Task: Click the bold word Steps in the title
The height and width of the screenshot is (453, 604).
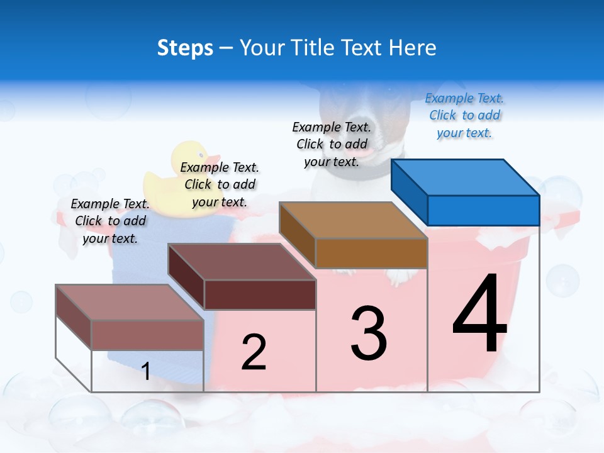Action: click(185, 48)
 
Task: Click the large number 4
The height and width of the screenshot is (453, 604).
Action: click(479, 314)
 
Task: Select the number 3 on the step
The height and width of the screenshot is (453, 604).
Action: click(369, 333)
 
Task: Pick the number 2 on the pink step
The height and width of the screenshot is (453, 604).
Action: click(254, 352)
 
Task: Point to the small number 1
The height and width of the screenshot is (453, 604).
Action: click(145, 371)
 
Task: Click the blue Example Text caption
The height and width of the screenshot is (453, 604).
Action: click(464, 115)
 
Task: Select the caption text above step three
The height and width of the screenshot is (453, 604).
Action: click(332, 144)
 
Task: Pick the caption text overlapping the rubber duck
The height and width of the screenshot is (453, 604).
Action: click(220, 184)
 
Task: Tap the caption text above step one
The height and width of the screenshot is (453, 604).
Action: click(110, 221)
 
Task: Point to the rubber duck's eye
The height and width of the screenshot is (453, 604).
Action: click(200, 155)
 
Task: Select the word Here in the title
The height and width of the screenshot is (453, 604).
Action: click(413, 48)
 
